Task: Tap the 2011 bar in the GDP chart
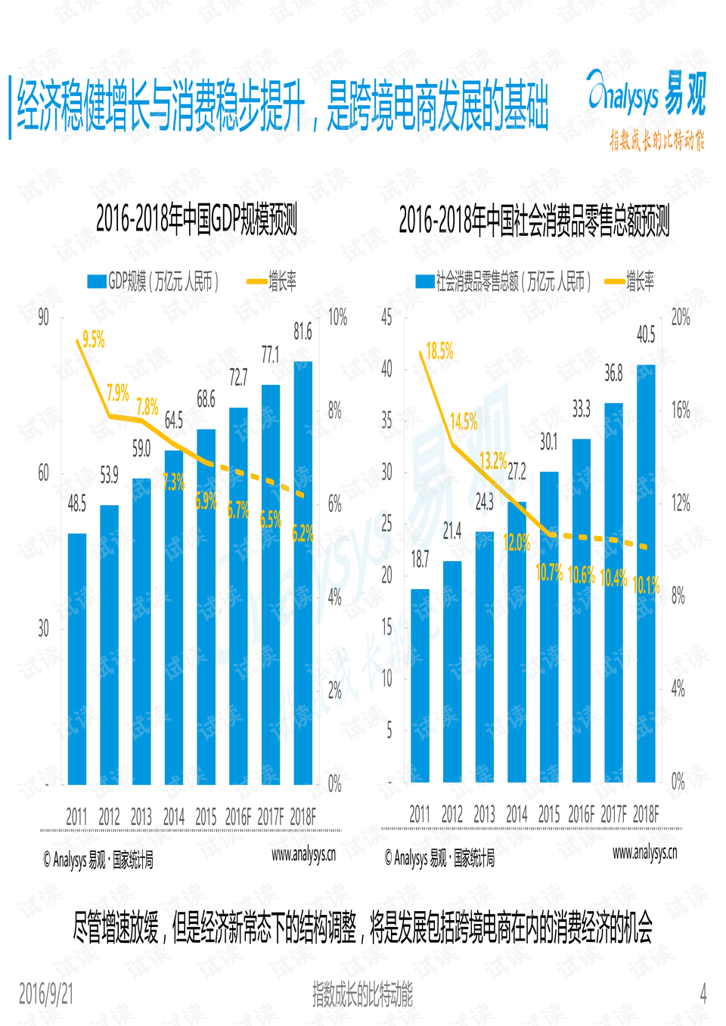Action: [x=77, y=658]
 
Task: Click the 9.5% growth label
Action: [x=94, y=339]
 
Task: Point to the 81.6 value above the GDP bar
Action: [x=302, y=332]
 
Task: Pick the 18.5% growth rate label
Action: [x=439, y=351]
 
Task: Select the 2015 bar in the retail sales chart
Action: [x=549, y=627]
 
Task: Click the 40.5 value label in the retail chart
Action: [x=646, y=334]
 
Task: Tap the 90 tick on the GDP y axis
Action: [x=44, y=318]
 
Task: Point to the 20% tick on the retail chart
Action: [x=681, y=318]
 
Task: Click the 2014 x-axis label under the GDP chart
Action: [x=174, y=817]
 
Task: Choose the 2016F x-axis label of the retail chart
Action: [x=581, y=814]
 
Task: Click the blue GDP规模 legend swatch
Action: [x=96, y=282]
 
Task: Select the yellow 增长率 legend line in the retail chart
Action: [x=614, y=282]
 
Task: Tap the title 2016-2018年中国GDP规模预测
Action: [x=196, y=220]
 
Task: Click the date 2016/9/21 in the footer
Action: [x=46, y=993]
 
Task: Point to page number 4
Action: [x=703, y=993]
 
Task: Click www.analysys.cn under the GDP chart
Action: [x=303, y=854]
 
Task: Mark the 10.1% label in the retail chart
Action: [x=646, y=584]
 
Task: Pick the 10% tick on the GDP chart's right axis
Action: [x=337, y=318]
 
